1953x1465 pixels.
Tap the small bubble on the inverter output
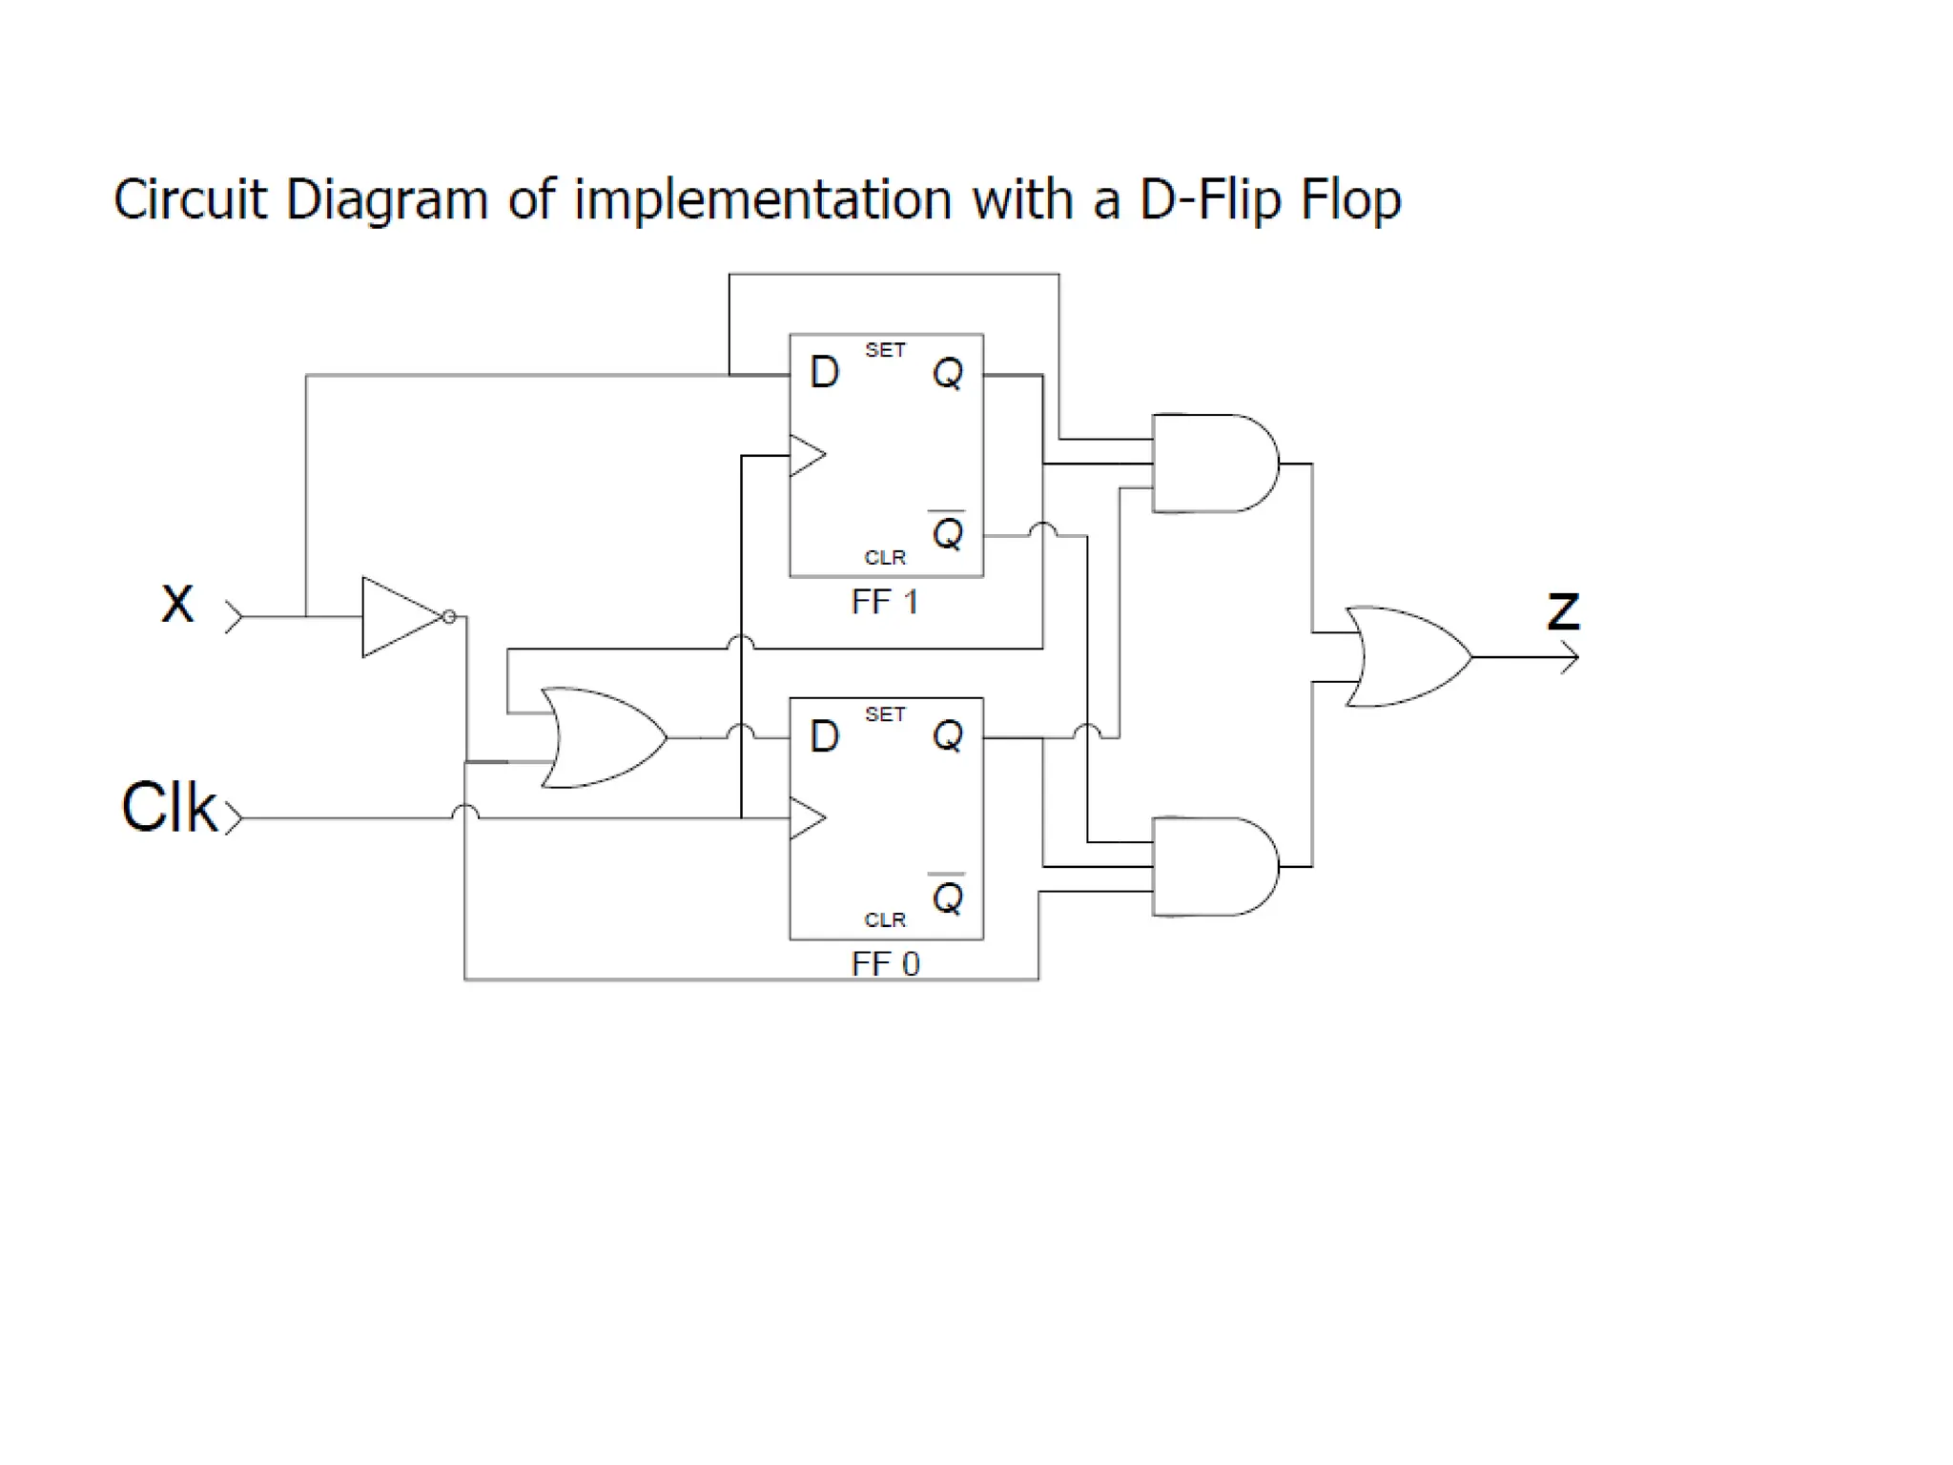click(449, 617)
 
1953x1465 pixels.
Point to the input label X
click(177, 604)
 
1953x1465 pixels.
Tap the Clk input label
click(169, 808)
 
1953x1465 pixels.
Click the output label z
click(1563, 610)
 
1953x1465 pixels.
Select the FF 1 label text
click(885, 603)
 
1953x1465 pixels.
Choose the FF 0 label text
click(885, 964)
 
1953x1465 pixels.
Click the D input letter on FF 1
click(824, 373)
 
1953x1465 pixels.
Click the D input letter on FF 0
click(824, 736)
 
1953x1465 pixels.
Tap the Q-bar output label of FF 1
click(947, 532)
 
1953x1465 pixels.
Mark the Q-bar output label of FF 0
click(947, 896)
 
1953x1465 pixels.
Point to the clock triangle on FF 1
click(806, 456)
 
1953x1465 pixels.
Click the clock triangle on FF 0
click(806, 818)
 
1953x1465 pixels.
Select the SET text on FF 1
click(885, 351)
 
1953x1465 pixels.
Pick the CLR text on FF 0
click(885, 920)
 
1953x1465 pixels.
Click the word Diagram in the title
click(386, 200)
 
